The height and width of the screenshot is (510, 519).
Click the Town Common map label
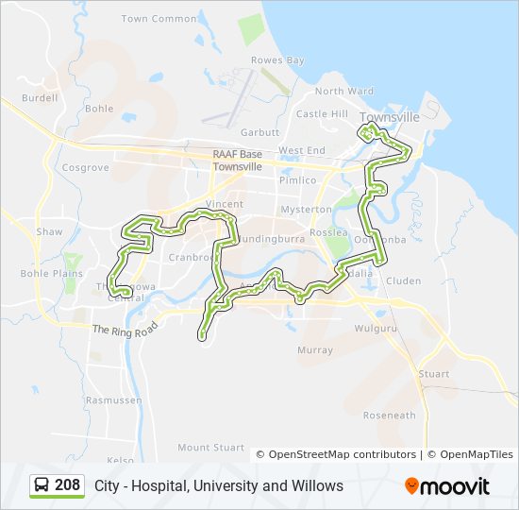click(159, 19)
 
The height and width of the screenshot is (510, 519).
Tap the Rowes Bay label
click(277, 60)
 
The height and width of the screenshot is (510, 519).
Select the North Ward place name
click(343, 92)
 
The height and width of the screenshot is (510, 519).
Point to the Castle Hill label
click(322, 114)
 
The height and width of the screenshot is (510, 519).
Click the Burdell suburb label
click(39, 97)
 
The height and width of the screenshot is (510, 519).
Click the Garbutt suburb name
click(260, 133)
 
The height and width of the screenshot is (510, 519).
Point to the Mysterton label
click(307, 209)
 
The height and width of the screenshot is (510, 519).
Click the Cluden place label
click(403, 280)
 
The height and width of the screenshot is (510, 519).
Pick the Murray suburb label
click(314, 350)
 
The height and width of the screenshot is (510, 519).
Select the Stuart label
click(434, 374)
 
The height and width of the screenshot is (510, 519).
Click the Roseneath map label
click(389, 416)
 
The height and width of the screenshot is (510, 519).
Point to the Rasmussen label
click(113, 400)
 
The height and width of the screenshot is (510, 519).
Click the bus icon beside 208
click(42, 485)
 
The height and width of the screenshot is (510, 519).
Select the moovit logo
click(447, 486)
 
